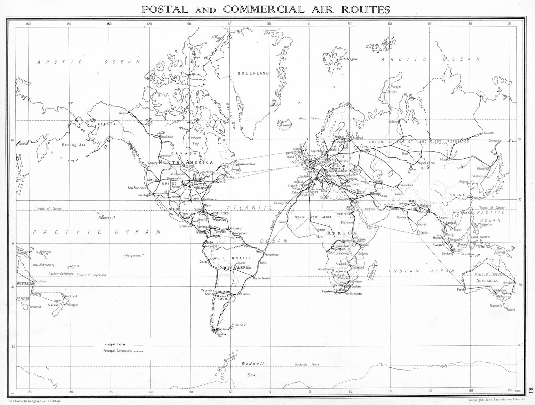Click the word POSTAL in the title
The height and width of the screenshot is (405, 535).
click(x=165, y=9)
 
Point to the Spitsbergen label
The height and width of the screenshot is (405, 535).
click(x=348, y=59)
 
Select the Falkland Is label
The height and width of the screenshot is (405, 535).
click(x=239, y=325)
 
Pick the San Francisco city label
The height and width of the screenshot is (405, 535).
click(x=137, y=188)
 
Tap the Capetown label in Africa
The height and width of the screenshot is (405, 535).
click(x=328, y=291)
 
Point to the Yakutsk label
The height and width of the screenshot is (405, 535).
click(x=488, y=133)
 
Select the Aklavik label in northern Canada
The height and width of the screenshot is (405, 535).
click(x=123, y=113)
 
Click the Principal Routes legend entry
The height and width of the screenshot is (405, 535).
click(x=114, y=344)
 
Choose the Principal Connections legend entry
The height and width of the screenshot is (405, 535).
click(x=118, y=351)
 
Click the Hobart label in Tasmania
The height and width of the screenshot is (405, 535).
click(x=511, y=310)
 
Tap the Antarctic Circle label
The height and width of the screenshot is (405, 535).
click(x=307, y=364)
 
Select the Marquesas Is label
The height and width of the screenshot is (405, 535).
click(x=134, y=256)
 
